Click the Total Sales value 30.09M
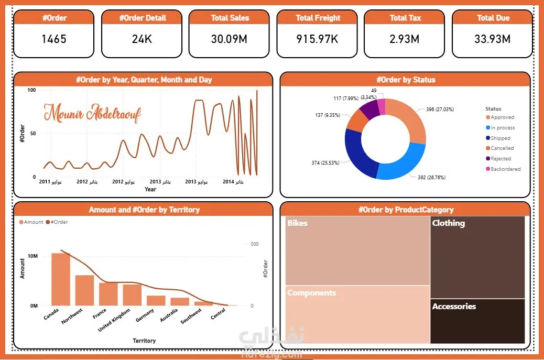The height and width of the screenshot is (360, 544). [230, 39]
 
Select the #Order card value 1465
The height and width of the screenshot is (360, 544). [53, 39]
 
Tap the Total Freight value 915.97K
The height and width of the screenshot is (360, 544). [318, 39]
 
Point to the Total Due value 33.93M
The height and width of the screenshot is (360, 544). [493, 39]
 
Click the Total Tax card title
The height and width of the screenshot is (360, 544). [406, 18]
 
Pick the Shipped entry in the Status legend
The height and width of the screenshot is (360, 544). [500, 138]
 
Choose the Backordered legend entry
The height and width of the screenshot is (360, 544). [505, 169]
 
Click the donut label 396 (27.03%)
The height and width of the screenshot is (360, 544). [436, 110]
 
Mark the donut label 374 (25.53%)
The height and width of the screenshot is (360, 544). [322, 163]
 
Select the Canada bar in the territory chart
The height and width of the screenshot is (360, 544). [60, 279]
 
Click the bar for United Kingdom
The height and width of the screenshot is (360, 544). [132, 294]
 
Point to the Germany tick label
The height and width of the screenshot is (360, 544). [145, 317]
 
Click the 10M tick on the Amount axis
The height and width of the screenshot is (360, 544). [32, 256]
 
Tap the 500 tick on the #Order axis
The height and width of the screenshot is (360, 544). [255, 244]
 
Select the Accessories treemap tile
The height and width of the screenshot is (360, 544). [477, 321]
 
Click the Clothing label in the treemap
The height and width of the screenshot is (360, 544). [449, 223]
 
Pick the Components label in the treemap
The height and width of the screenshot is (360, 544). [311, 293]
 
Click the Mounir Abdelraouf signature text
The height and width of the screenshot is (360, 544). [92, 114]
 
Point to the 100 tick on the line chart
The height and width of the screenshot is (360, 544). [32, 90]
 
